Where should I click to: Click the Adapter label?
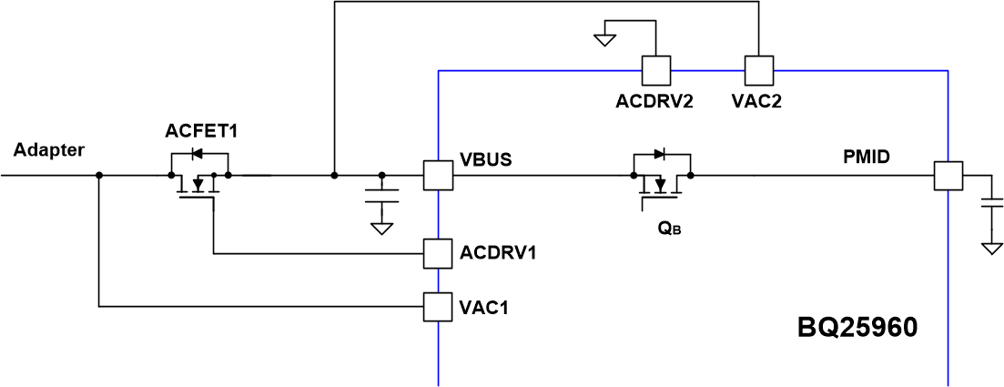point(49,150)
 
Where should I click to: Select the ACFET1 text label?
point(201,131)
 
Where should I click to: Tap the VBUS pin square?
point(439,175)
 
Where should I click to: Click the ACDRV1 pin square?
point(439,253)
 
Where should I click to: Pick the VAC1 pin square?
point(439,307)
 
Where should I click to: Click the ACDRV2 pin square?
point(655,69)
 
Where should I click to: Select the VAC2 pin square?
point(758,69)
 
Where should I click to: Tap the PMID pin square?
point(948,176)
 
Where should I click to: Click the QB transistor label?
point(670,229)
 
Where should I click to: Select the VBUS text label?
point(485,158)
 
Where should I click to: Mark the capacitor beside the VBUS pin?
point(381,196)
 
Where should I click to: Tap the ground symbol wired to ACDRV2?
point(604,39)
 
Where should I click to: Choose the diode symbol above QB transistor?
point(661,152)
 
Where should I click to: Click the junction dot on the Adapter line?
point(98,175)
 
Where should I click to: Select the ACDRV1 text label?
point(497,252)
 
